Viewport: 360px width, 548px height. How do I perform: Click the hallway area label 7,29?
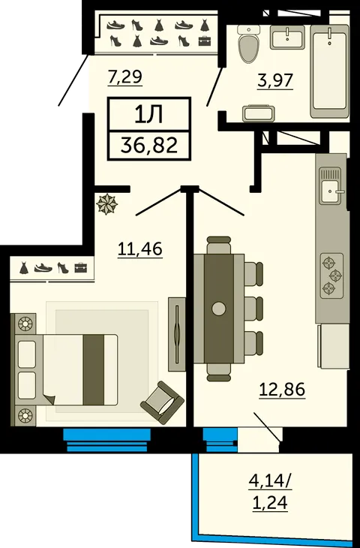click(x=125, y=77)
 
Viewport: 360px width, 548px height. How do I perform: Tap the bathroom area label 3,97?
click(x=274, y=80)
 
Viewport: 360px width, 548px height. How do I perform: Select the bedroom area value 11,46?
click(x=140, y=249)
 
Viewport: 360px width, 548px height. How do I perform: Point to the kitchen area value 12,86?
click(x=282, y=390)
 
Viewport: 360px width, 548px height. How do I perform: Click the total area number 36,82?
click(x=149, y=146)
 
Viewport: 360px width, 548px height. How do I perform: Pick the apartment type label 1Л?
click(x=148, y=115)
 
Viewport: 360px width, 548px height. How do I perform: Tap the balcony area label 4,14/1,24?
click(x=270, y=492)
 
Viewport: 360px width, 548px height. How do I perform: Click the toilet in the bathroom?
click(x=249, y=44)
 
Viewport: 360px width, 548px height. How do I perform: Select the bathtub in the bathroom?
click(x=329, y=71)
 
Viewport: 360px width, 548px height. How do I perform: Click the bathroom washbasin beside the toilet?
click(x=288, y=38)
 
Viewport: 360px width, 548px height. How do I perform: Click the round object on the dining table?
click(x=219, y=309)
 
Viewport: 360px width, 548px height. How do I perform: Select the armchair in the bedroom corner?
click(x=162, y=402)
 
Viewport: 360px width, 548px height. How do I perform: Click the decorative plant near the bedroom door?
click(x=106, y=204)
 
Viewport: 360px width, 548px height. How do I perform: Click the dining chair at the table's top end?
click(x=218, y=245)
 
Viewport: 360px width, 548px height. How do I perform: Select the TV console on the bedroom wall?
click(x=177, y=334)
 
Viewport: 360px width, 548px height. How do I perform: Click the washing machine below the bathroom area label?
click(x=259, y=113)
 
